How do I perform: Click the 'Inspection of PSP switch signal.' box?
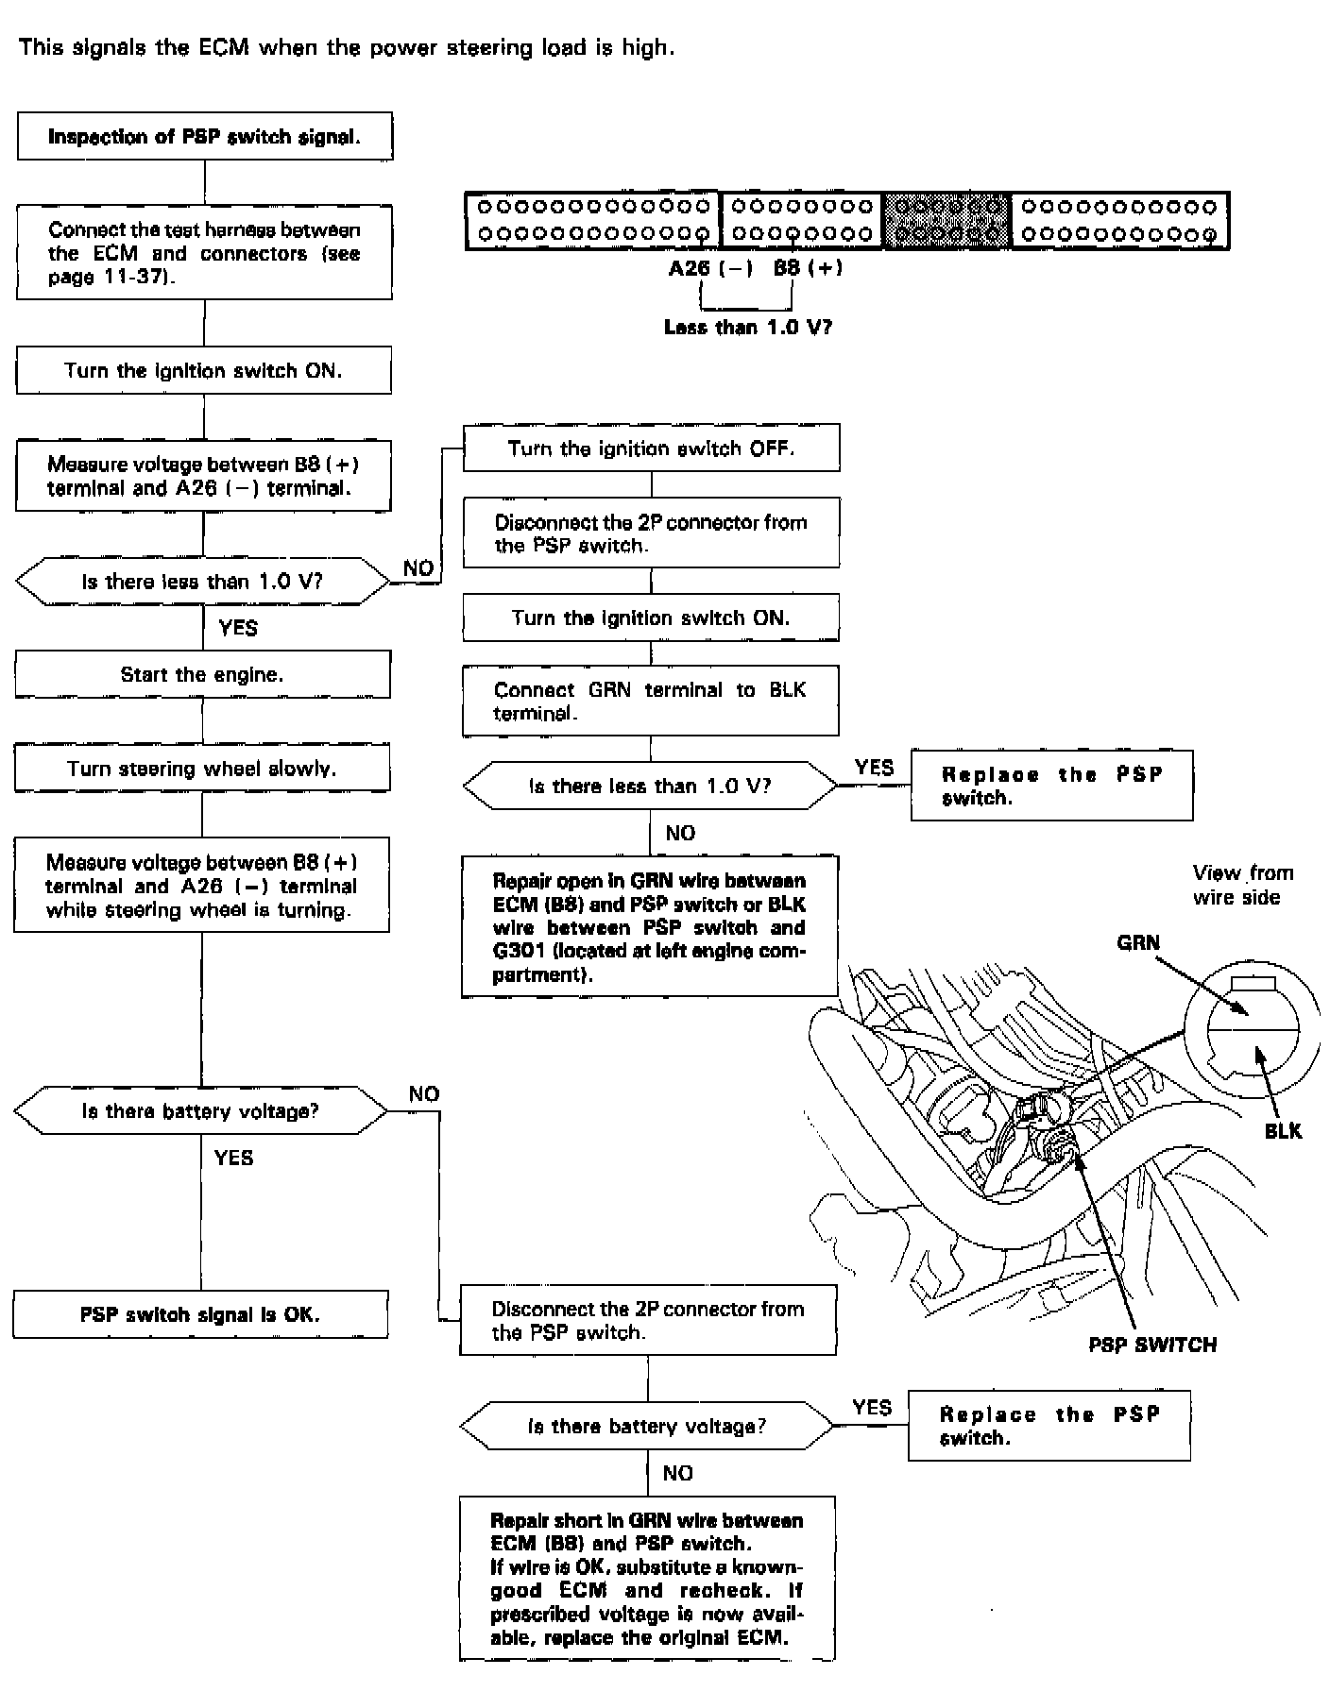tap(204, 137)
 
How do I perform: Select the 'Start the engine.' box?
tap(202, 674)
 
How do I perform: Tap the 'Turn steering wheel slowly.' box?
tap(202, 768)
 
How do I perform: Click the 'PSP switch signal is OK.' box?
tap(200, 1314)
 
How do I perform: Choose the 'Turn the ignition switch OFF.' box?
tap(651, 448)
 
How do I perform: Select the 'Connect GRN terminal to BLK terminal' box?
tap(650, 702)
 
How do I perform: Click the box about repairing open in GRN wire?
tap(650, 926)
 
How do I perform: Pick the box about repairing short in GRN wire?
tap(647, 1578)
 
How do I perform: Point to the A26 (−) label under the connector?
tap(710, 268)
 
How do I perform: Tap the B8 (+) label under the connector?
tap(808, 268)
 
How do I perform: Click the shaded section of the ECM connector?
tap(946, 220)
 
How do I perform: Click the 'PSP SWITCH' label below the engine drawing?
tap(1152, 1345)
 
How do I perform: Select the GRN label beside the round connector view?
tap(1137, 942)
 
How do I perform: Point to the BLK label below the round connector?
tap(1283, 1130)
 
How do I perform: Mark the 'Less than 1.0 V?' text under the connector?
tap(748, 327)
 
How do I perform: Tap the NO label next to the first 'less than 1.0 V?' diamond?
tap(418, 567)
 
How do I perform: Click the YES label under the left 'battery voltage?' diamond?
tap(233, 1158)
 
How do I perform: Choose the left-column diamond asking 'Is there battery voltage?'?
tap(200, 1111)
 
